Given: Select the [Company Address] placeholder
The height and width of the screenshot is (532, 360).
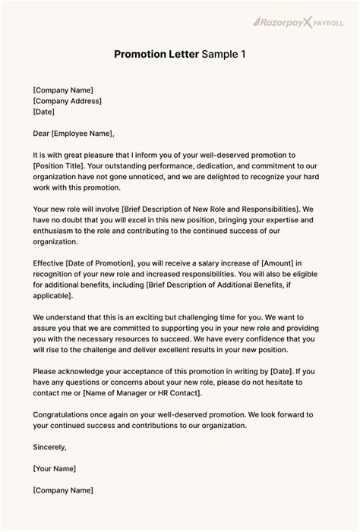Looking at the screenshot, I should (67, 101).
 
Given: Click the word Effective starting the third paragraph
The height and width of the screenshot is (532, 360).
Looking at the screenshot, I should (50, 263).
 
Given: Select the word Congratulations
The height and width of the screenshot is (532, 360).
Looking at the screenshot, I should (67, 415).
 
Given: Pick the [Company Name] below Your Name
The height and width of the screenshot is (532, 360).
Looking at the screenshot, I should (63, 491).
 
